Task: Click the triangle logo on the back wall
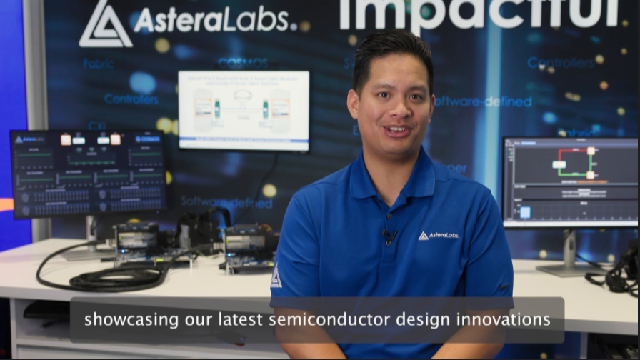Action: [105, 24]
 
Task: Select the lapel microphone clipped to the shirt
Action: [390, 235]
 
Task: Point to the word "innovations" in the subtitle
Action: [510, 319]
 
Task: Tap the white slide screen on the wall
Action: [244, 110]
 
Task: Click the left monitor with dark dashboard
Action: [89, 174]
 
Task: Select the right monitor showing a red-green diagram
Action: [569, 181]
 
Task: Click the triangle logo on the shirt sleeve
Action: [276, 277]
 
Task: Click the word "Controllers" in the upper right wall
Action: [560, 63]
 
